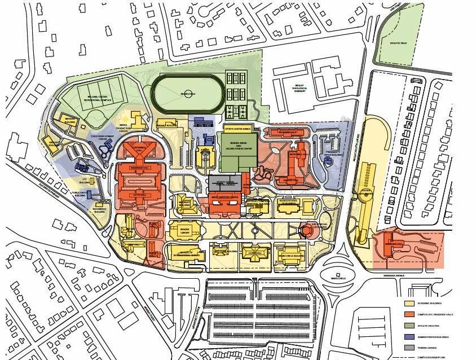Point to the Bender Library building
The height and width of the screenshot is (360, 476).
pyautogui.click(x=184, y=230)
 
